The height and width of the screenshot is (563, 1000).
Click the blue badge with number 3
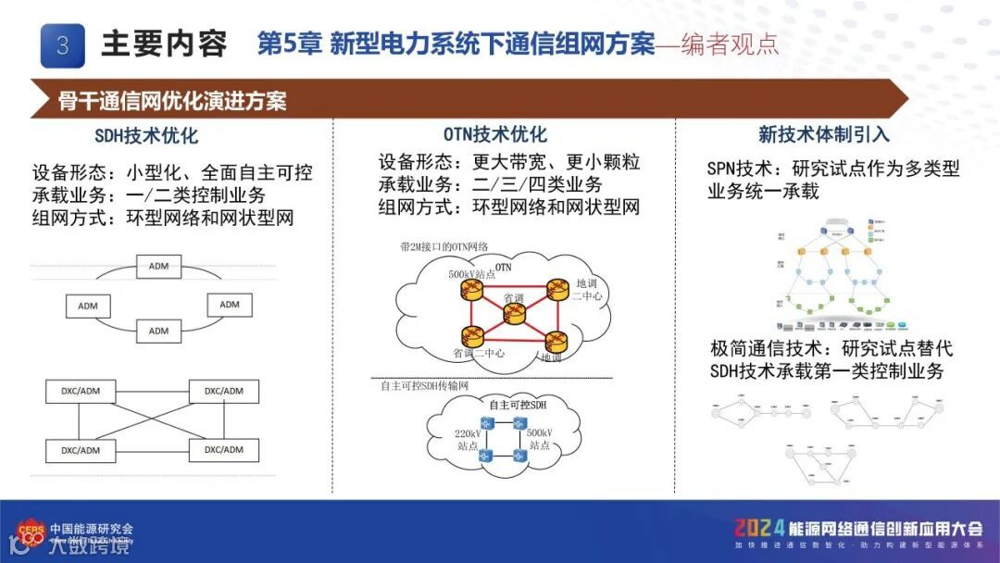63,44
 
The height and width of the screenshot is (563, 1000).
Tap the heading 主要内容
164,44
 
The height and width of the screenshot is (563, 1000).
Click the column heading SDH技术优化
146,136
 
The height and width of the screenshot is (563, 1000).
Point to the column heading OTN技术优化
494,135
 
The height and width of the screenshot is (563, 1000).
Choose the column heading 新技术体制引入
823,135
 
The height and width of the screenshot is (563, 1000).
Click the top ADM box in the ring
158,267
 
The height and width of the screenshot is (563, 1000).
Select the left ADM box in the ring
88,305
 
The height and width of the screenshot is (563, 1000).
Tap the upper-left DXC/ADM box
81,391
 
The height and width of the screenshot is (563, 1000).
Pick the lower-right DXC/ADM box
223,450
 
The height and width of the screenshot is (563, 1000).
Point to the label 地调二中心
586,290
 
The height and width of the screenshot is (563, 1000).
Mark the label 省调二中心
480,354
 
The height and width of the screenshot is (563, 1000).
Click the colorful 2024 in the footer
759,529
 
